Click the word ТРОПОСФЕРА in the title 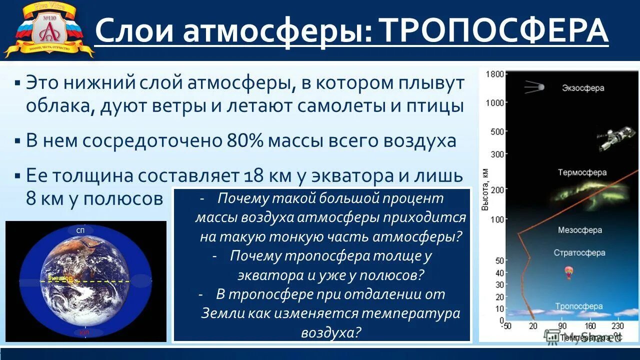click(x=494, y=30)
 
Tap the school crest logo click(x=49, y=29)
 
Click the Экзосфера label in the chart click(x=582, y=88)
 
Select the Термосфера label click(x=582, y=172)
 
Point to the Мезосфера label click(x=579, y=230)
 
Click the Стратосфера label click(x=579, y=252)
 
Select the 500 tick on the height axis click(x=497, y=131)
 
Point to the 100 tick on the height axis click(x=497, y=219)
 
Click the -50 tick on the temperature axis click(x=507, y=326)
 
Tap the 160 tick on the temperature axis click(x=590, y=326)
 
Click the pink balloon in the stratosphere click(x=568, y=272)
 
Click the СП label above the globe click(x=80, y=231)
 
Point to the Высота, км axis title click(x=485, y=189)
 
